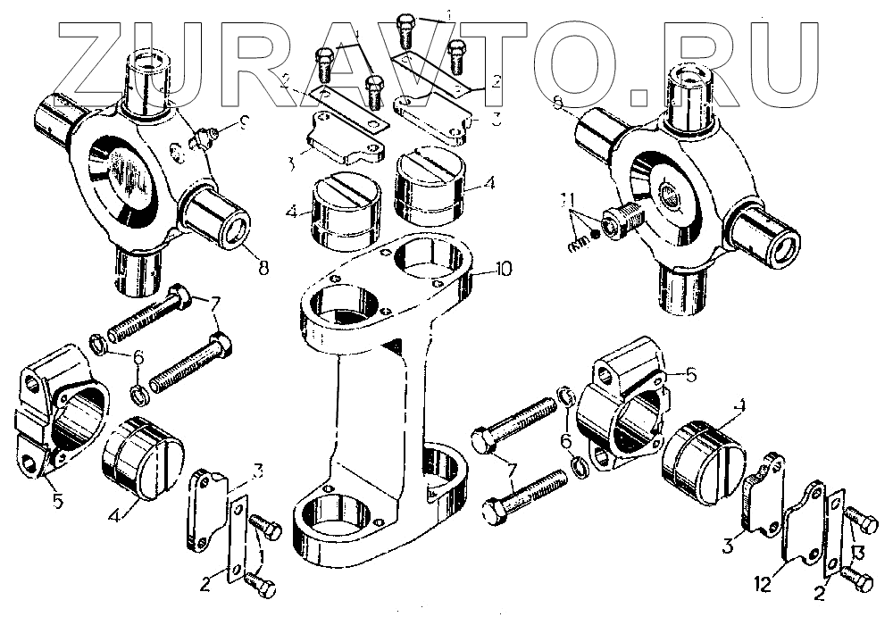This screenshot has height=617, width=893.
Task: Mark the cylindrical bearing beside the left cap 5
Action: (x=143, y=457)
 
